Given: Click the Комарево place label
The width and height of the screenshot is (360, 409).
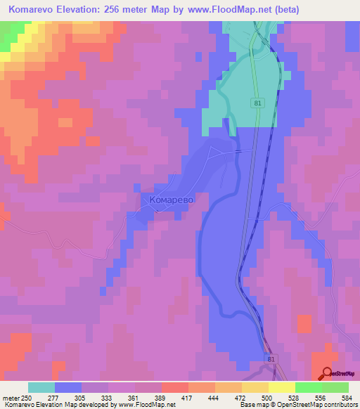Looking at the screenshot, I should pyautogui.click(x=171, y=200).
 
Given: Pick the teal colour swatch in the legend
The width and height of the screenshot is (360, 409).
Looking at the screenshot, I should pyautogui.click(x=41, y=387).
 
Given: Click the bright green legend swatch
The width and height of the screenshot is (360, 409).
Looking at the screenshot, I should pyautogui.click(x=309, y=387).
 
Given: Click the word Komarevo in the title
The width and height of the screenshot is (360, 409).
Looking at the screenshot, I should pyautogui.click(x=36, y=10).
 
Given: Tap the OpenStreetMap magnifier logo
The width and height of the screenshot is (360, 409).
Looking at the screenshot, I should pyautogui.click(x=326, y=373).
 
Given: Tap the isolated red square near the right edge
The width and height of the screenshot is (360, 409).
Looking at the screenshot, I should pyautogui.click(x=304, y=323).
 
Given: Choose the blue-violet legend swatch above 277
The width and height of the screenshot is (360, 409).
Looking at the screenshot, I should pyautogui.click(x=68, y=387).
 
